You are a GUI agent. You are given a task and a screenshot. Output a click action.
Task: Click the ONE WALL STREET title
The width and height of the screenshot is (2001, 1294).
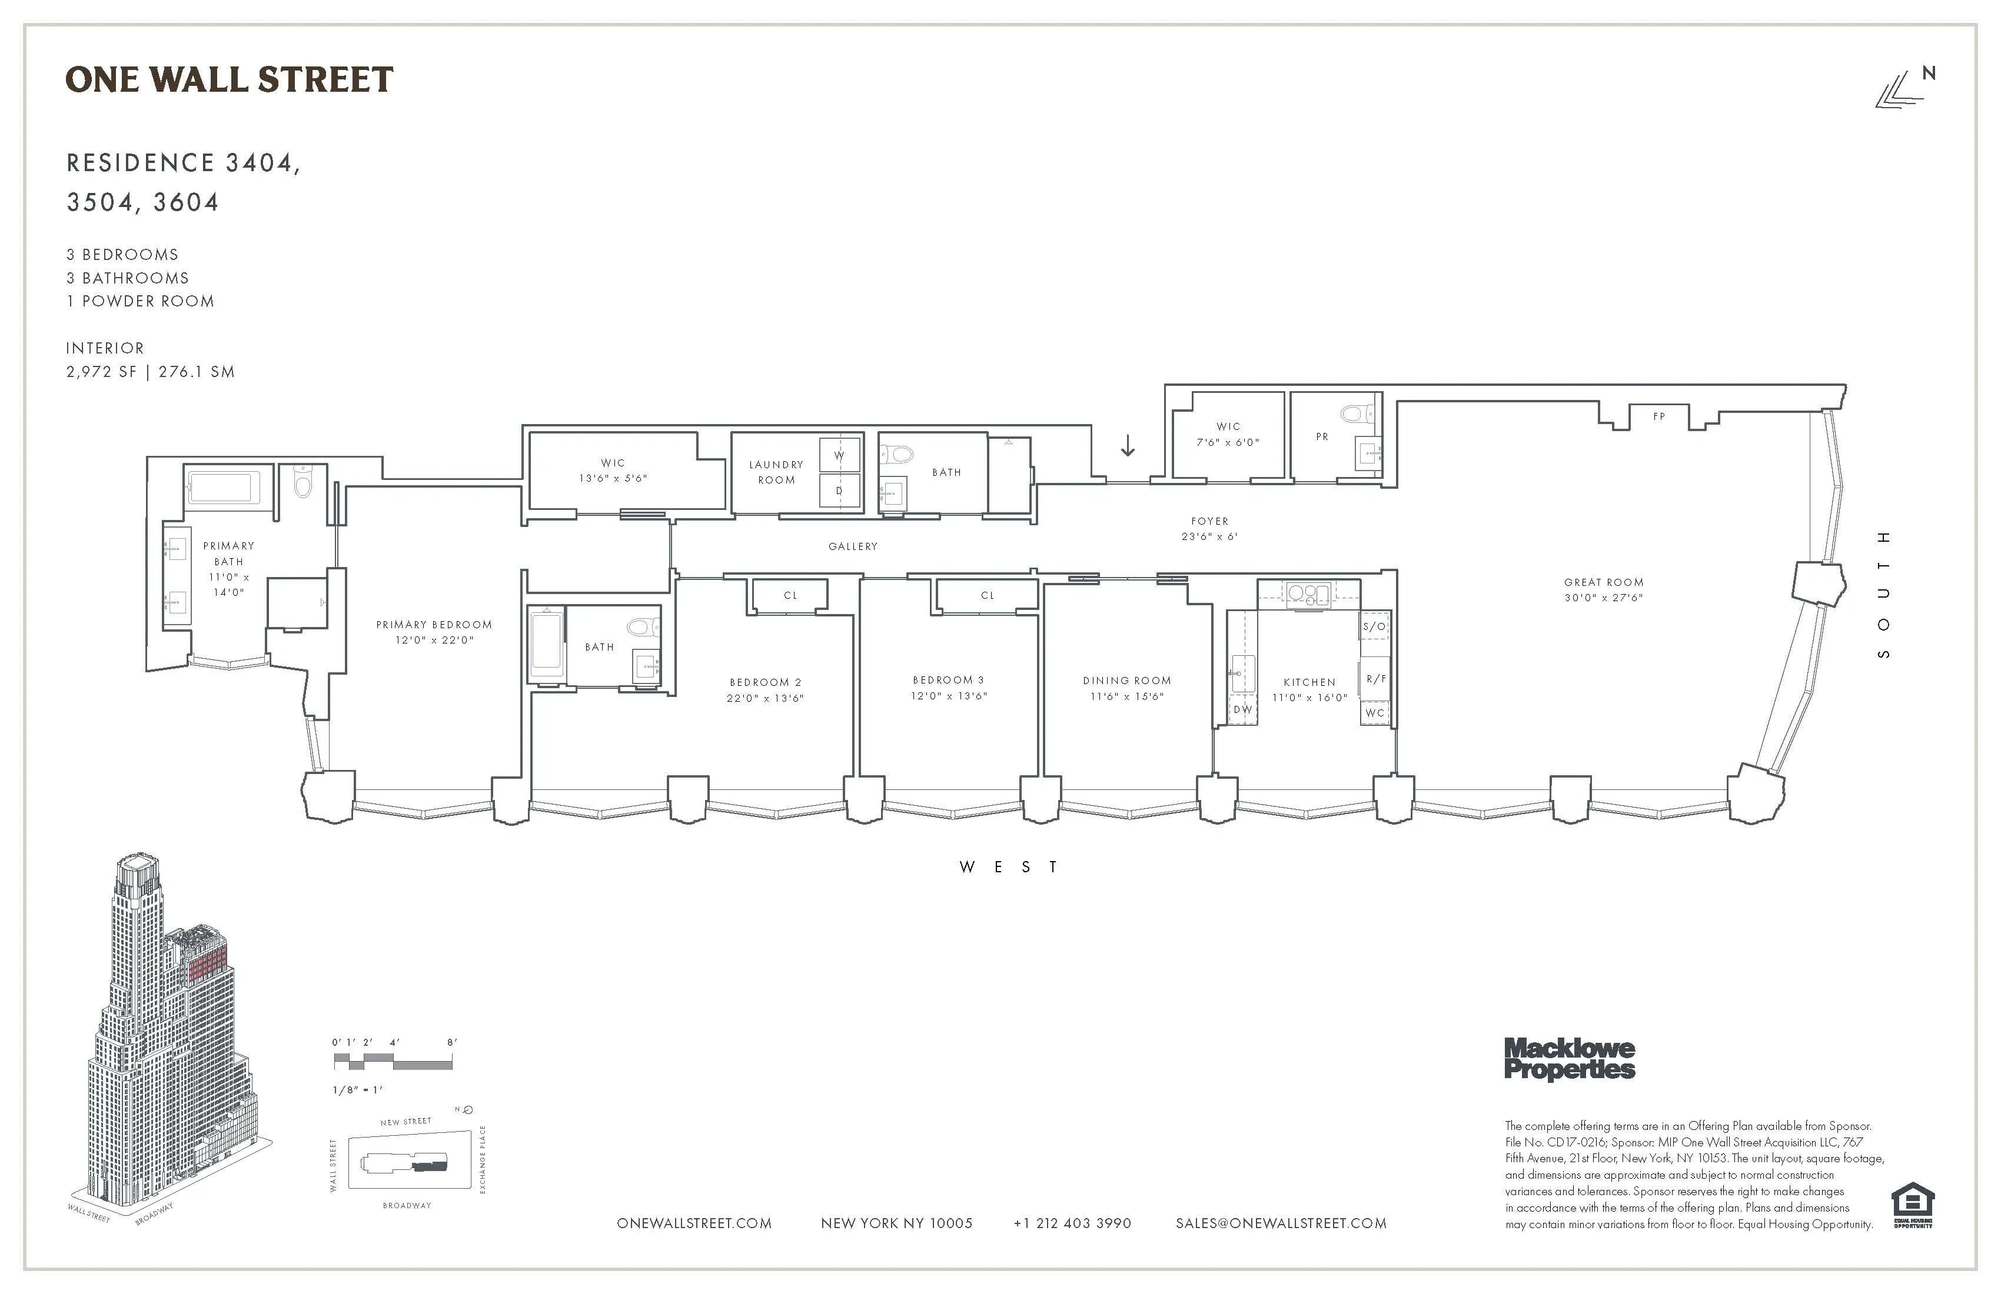(x=229, y=80)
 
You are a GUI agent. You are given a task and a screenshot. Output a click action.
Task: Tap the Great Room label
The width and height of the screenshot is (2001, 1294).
(x=1603, y=582)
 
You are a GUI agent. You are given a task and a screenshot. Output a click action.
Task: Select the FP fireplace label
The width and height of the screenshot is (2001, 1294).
(x=1658, y=416)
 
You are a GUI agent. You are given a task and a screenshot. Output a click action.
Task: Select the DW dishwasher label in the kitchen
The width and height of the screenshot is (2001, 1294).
(x=1242, y=709)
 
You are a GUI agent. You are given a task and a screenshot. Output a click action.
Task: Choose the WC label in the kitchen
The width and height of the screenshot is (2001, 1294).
(x=1375, y=712)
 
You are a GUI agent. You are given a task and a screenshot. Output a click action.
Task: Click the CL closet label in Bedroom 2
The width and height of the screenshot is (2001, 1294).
(x=790, y=595)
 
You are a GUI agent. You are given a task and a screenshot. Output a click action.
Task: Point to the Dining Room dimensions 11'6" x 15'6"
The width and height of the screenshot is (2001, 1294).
(x=1126, y=696)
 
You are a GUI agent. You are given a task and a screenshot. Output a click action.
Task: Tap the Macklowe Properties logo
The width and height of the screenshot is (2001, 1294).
(x=1569, y=1059)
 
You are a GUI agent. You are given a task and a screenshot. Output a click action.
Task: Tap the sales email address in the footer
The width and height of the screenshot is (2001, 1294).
(x=1281, y=1223)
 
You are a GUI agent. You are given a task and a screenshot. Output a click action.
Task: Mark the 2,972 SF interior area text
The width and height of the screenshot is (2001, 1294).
(x=101, y=371)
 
